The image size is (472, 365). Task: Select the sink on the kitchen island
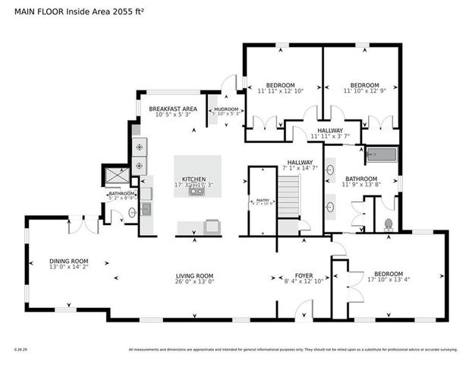click(197, 192)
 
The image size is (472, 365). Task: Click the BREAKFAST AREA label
click(172, 109)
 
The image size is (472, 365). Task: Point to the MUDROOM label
click(225, 109)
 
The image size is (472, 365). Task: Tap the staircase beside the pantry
click(288, 198)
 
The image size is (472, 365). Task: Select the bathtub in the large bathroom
click(382, 156)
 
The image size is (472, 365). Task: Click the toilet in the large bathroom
click(388, 224)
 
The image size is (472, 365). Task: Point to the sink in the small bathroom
click(132, 213)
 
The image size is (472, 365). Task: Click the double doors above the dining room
click(90, 227)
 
